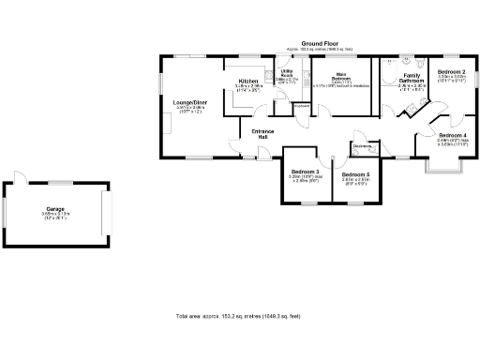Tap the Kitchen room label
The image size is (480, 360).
(248, 82)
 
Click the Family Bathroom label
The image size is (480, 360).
(412, 78)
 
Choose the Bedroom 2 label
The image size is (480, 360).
(452, 71)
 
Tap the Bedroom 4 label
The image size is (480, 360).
(452, 134)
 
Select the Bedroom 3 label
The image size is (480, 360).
(306, 172)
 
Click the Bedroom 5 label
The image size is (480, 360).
(355, 175)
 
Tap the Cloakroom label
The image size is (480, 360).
(364, 145)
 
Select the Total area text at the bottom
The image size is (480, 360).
(239, 316)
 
